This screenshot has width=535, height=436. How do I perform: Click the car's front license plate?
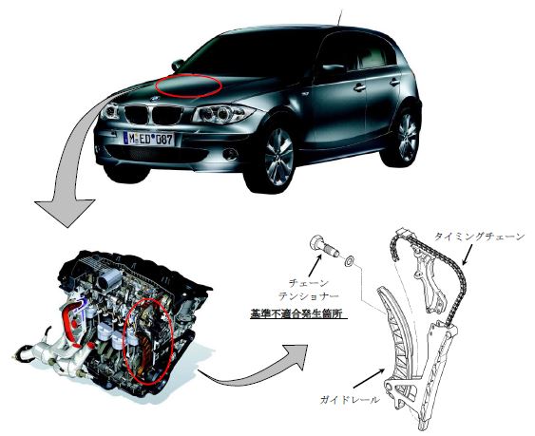coord(148,139)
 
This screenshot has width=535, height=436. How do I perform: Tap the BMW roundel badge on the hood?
coord(155,98)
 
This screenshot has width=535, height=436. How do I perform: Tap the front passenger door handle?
coord(359,88)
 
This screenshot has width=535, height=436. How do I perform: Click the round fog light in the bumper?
coord(231,154)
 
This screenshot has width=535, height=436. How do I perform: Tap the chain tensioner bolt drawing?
coord(324,247)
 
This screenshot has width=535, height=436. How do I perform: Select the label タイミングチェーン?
coord(479,237)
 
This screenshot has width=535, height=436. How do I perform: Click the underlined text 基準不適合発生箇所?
coord(298,313)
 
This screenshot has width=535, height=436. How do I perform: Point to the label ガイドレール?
coord(350,400)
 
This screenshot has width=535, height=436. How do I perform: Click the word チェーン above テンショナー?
coord(309,283)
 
